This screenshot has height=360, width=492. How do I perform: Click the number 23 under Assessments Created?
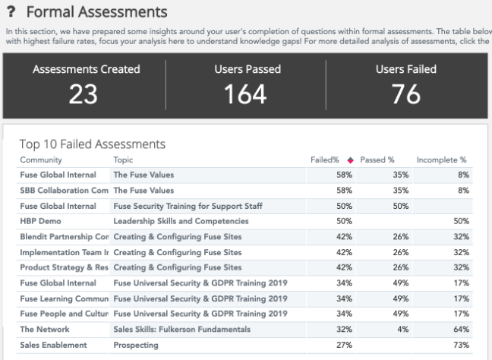pyautogui.click(x=86, y=93)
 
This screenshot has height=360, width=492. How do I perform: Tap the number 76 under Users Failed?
pyautogui.click(x=406, y=93)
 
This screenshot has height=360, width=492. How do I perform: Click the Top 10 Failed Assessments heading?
pyautogui.click(x=93, y=144)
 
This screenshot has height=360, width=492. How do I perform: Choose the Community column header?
pyautogui.click(x=41, y=160)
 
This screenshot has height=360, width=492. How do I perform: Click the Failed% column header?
pyautogui.click(x=325, y=160)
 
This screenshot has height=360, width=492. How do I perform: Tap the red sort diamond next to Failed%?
pyautogui.click(x=350, y=160)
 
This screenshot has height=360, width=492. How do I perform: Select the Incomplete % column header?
pyautogui.click(x=441, y=160)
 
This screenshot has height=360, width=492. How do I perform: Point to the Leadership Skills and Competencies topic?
pyautogui.click(x=181, y=221)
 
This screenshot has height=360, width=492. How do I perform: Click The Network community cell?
pyautogui.click(x=45, y=330)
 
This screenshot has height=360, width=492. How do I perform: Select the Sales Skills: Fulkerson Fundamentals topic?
pyautogui.click(x=181, y=330)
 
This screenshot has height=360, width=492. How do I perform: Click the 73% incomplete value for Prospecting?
pyautogui.click(x=461, y=345)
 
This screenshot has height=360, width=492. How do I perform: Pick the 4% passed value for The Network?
pyautogui.click(x=403, y=330)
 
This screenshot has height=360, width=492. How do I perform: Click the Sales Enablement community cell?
pyautogui.click(x=54, y=345)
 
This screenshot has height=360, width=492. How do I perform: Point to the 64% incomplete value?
pyautogui.click(x=461, y=330)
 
